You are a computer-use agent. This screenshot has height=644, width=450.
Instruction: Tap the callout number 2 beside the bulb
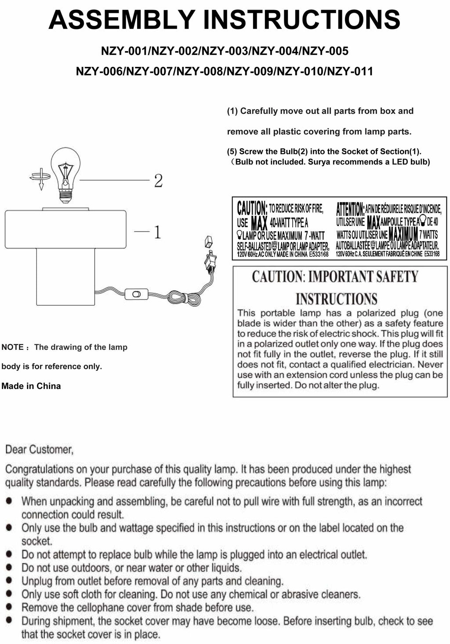(158, 180)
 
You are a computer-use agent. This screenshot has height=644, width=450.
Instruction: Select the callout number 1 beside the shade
(157, 232)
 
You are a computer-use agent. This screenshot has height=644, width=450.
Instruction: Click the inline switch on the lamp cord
(136, 294)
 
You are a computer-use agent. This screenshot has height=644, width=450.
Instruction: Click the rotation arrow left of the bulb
(40, 177)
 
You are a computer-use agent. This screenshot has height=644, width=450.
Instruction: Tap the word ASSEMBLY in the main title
(121, 20)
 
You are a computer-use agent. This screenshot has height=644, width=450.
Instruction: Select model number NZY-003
(224, 51)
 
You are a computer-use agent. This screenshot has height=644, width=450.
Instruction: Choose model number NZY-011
(348, 71)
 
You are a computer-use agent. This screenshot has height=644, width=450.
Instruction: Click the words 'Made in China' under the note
(31, 386)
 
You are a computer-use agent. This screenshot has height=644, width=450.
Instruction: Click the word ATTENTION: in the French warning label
(350, 208)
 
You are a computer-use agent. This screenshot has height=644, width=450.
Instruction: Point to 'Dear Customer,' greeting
(39, 449)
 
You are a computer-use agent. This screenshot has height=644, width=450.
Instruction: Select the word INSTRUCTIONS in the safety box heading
(337, 299)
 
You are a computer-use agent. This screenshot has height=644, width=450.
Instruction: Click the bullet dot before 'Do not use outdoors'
(9, 568)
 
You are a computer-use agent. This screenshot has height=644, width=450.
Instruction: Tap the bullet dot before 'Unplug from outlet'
(9, 581)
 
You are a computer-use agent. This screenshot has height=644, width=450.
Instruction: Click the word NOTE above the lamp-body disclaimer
(12, 347)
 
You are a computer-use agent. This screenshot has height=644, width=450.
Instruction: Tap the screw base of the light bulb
(65, 196)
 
